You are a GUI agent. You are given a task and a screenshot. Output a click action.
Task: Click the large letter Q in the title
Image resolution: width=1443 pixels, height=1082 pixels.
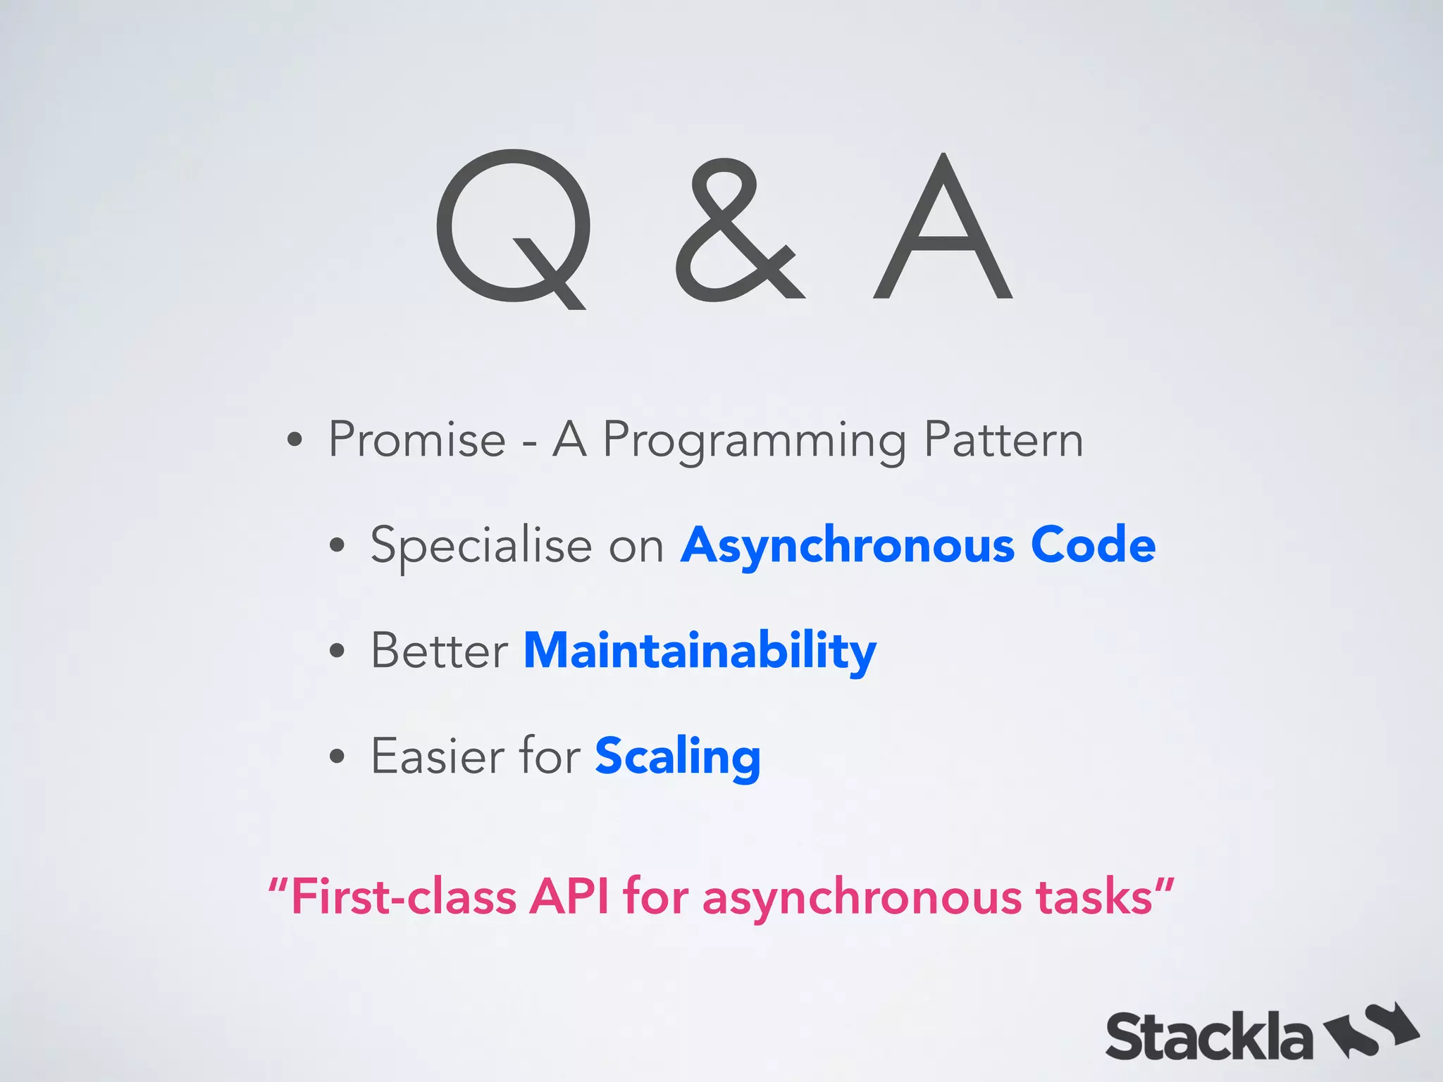(x=514, y=227)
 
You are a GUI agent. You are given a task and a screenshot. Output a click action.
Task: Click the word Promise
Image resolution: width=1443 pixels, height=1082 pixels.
(x=417, y=440)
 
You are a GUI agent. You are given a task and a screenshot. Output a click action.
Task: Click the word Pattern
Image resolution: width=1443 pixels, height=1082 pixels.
(x=1003, y=440)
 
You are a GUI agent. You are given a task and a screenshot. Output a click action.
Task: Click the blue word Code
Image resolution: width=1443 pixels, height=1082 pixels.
(x=1093, y=545)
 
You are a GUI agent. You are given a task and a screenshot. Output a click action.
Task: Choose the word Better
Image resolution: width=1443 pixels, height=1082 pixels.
(x=440, y=650)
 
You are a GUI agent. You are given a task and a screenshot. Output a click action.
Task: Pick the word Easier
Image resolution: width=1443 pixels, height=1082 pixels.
(x=436, y=756)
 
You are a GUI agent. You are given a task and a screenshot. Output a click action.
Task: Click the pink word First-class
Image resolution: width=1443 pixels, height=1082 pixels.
(x=403, y=897)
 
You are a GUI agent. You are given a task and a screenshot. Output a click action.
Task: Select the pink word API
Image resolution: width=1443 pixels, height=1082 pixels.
(x=569, y=897)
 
